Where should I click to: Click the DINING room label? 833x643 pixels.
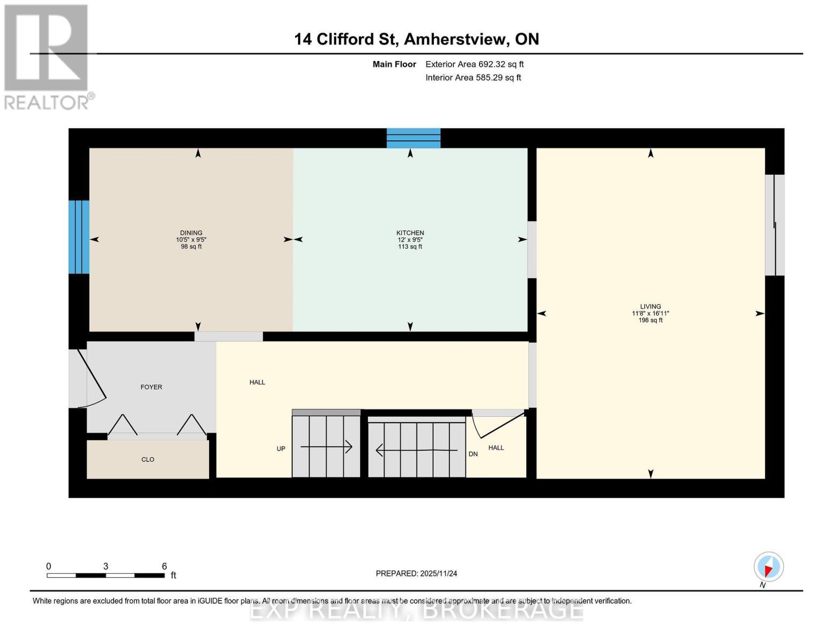click(191, 233)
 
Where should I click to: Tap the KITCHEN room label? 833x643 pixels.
click(410, 233)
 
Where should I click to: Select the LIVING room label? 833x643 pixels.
click(650, 306)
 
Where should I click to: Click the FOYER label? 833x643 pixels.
click(151, 387)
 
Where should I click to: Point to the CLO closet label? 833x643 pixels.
click(148, 460)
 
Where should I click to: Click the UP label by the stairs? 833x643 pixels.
click(281, 449)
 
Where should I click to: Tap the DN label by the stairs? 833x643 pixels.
click(473, 454)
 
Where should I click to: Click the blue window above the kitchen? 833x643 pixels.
click(414, 138)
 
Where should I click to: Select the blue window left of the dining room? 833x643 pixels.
click(79, 237)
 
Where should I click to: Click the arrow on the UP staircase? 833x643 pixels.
click(326, 446)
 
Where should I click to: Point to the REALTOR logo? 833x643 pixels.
click(47, 56)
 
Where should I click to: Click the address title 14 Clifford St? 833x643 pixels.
click(416, 39)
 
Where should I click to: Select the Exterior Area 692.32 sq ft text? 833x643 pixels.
click(474, 64)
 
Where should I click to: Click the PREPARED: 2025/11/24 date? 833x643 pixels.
click(416, 573)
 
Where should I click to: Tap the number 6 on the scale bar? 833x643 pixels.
click(164, 566)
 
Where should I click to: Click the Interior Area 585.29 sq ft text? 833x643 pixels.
click(473, 78)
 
